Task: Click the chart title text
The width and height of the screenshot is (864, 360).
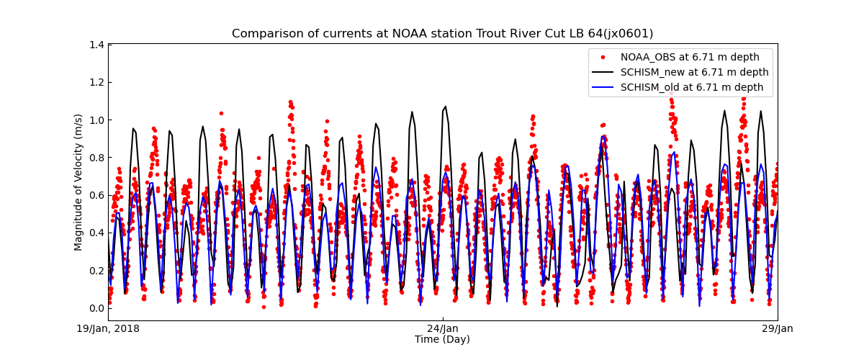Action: pos(442,34)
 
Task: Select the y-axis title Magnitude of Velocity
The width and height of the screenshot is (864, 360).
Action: pos(78,182)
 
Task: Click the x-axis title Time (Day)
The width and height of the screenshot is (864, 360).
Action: pos(442,339)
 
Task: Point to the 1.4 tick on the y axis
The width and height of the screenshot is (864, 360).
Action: pos(96,45)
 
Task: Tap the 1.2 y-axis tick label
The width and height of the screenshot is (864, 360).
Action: pos(96,82)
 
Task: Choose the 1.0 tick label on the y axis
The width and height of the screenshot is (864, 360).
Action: pos(96,120)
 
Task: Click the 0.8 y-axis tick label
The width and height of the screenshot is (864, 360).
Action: pos(96,158)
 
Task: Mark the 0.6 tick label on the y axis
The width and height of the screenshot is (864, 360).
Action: pos(96,195)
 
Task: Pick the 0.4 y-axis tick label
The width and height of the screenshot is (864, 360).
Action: pos(96,233)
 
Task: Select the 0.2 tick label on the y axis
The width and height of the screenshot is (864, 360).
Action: pos(96,271)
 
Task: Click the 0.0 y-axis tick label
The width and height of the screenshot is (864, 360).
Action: pos(96,308)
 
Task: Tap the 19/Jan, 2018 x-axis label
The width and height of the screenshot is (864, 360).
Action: pos(109,329)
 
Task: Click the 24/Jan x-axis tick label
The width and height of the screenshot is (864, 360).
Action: pos(443,329)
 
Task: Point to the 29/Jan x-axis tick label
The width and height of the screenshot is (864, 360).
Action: pos(777,329)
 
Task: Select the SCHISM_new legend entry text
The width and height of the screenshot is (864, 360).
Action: pos(694,72)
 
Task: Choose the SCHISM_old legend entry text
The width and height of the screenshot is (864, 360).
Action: pos(692,87)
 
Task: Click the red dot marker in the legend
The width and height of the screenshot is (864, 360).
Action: pos(605,57)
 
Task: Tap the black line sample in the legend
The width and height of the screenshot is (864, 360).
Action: pos(605,72)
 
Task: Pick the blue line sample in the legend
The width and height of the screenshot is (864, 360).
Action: pos(605,87)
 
